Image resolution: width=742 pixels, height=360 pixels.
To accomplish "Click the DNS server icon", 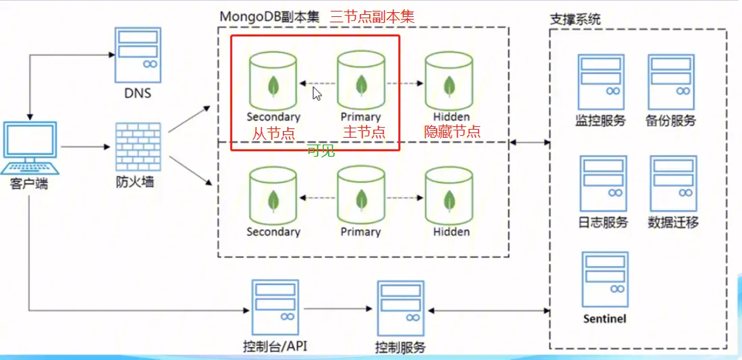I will (137, 54).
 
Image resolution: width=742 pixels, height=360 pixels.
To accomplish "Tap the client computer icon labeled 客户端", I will (30, 148).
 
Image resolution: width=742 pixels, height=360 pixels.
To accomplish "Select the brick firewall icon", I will (138, 147).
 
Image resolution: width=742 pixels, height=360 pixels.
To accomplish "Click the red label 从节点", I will (273, 133).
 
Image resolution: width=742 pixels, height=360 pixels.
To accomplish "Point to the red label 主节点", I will (364, 132).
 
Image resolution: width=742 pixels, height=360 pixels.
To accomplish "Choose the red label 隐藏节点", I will (452, 132).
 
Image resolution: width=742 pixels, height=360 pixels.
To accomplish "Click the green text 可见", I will (321, 151).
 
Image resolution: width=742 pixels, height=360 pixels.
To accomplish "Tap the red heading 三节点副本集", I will (372, 16).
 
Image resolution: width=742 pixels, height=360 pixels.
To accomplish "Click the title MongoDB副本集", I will (269, 16).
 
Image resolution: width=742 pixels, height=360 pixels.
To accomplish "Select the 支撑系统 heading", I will (575, 19).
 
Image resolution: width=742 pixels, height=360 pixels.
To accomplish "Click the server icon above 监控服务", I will (601, 81).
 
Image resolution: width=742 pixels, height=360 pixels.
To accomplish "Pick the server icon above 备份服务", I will (671, 81).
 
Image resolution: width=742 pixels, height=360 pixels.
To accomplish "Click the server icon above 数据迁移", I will (673, 183).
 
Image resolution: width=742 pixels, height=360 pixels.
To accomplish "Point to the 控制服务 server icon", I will (401, 308).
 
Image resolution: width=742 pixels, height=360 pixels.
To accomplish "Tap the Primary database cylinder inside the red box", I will (361, 82).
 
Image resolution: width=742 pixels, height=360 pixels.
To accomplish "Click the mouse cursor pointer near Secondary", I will (317, 93).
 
